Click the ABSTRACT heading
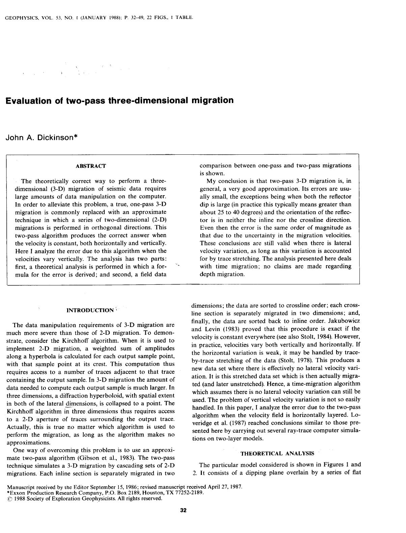tap(91, 166)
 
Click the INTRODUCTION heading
tap(90, 310)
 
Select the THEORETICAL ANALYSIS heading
tap(277, 454)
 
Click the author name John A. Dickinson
tap(42, 137)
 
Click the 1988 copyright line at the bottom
tap(84, 499)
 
